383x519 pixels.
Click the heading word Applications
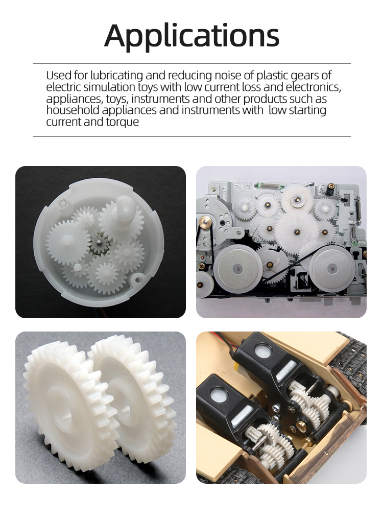192,36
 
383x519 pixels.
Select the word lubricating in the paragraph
116,76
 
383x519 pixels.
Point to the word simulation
109,87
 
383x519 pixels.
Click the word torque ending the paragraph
123,122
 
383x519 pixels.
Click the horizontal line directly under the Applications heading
192,63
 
